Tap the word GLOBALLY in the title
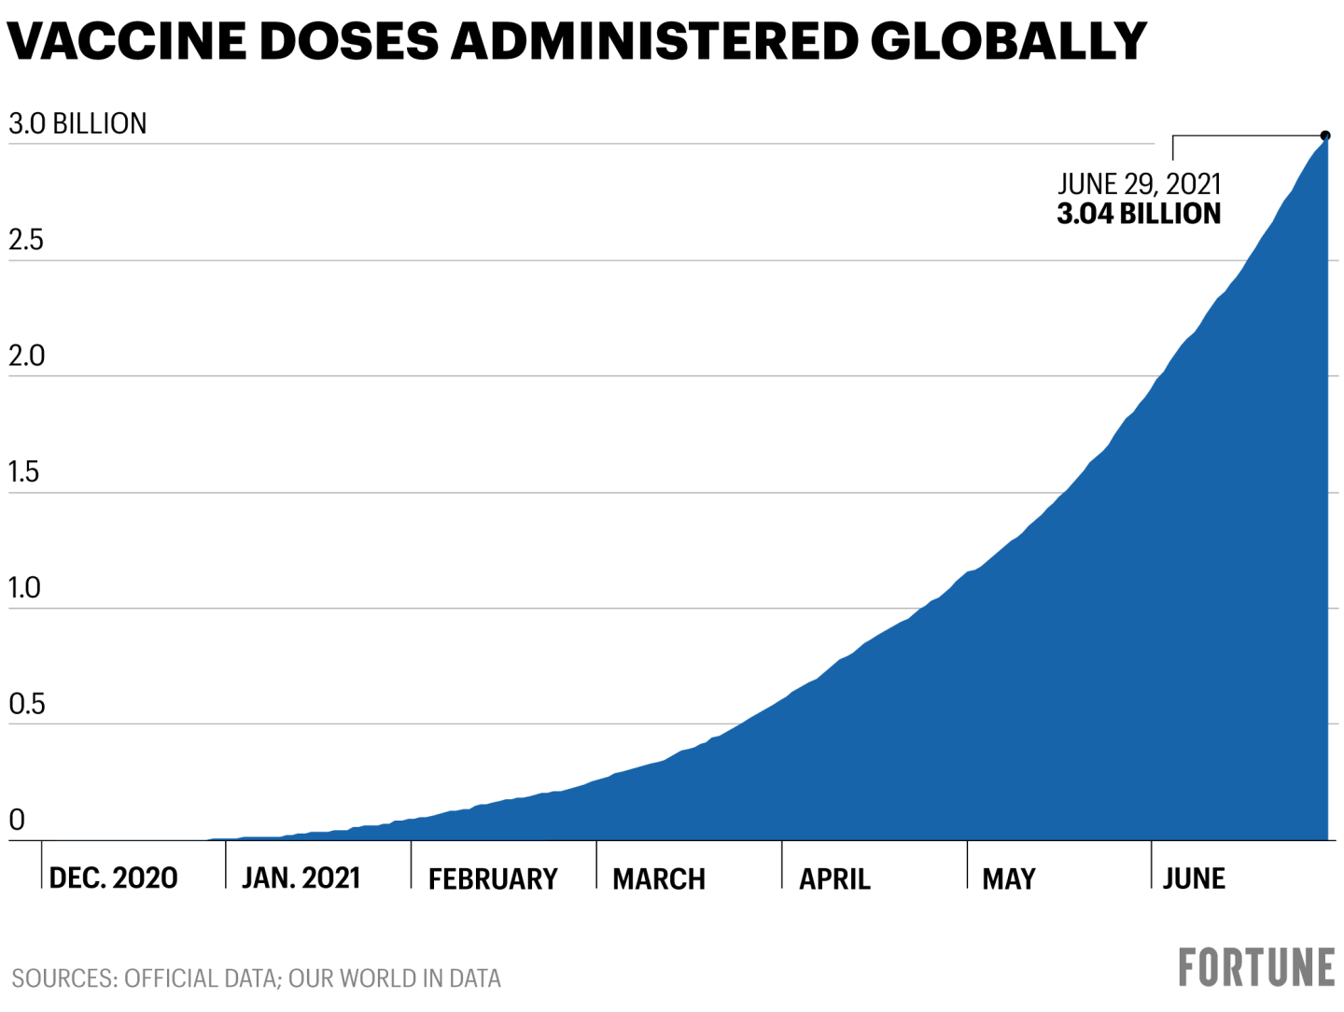(1008, 42)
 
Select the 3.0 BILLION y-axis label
(77, 123)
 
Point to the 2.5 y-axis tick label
(26, 240)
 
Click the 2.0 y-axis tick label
(26, 356)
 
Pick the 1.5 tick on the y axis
(24, 472)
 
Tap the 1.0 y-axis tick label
(24, 588)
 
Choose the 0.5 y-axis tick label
(26, 704)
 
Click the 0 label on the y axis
(17, 820)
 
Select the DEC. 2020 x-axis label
(113, 878)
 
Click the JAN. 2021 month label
(301, 878)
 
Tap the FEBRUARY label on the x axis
(493, 878)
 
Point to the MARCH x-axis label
(659, 878)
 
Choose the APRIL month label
(834, 878)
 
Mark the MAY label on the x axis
(1009, 878)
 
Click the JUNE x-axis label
(1194, 878)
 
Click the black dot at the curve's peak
(1325, 136)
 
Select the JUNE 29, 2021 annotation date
(1139, 184)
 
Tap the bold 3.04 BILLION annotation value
(1139, 214)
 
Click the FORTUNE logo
(1256, 967)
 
